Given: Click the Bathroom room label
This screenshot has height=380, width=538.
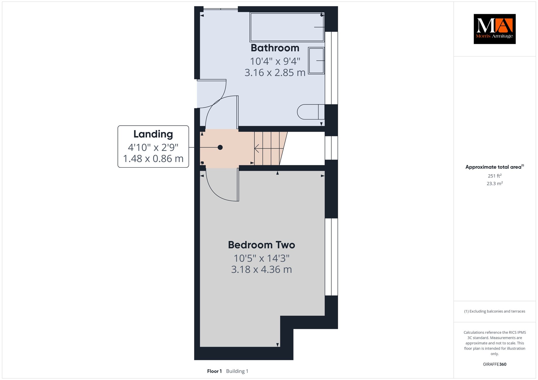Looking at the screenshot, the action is coord(275,48).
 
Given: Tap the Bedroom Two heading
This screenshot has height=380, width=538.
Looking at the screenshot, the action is coord(261,245).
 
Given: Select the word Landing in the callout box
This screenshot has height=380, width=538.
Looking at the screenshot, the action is coord(153,134).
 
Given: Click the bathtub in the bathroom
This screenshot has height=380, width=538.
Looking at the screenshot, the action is coord(287,27).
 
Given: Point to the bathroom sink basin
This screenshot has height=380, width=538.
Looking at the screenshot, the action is coord(316,61).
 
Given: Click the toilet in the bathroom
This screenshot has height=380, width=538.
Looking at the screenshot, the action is coord(311,112).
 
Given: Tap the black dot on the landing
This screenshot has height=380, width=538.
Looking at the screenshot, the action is coord(220,147).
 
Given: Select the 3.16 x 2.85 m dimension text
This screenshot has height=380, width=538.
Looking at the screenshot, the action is coord(275,72).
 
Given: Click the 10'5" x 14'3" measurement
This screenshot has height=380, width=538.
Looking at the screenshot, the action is coord(261,258).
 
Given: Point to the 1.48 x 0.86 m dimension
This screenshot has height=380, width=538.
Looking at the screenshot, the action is coord(153,159).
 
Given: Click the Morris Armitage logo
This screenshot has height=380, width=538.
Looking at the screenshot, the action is coord(495,29).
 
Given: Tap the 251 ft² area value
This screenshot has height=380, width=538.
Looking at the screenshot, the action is coord(495,176).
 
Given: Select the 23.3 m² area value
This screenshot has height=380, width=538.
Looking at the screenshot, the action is coord(495,183).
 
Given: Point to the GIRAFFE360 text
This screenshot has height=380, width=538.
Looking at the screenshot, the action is coord(495,364).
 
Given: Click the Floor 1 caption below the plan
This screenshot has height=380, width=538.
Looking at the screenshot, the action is coord(214,371).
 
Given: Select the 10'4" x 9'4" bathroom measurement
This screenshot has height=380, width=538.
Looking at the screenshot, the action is coord(275,61).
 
